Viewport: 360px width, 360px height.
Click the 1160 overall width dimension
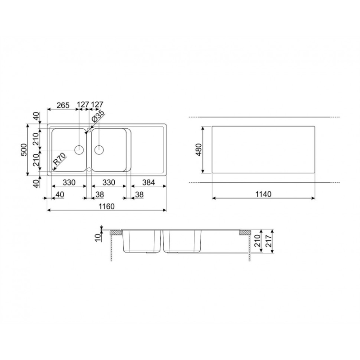(x=107, y=206)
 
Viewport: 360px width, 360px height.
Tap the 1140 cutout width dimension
(x=263, y=194)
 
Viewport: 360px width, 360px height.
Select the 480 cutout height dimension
(x=198, y=150)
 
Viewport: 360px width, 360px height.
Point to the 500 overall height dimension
(x=24, y=150)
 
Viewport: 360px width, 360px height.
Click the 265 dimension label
(x=63, y=105)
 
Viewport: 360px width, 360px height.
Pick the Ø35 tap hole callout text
(x=98, y=116)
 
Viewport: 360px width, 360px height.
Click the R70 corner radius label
(x=59, y=159)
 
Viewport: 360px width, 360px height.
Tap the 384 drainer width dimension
(x=148, y=182)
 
